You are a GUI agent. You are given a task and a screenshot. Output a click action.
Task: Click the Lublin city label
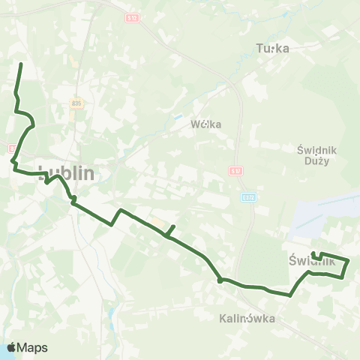coord(66,172)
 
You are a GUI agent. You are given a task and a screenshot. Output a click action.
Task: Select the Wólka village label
coord(205,124)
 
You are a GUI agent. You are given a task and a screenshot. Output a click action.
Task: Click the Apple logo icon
coord(12,347)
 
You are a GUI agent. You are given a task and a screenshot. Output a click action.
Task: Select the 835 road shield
coord(76,103)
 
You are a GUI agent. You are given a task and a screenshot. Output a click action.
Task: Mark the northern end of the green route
coord(20,64)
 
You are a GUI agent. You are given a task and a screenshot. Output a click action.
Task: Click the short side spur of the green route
coord(171,229)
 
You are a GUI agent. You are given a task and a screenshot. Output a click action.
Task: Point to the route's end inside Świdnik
coord(313,253)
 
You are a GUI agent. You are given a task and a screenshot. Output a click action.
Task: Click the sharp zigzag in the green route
coord(115,217)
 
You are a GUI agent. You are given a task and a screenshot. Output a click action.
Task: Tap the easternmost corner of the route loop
coord(349,259)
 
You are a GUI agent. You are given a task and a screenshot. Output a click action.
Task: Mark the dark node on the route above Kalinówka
coord(220,280)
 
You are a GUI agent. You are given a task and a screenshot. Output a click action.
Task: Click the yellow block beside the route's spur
coord(156,223)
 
